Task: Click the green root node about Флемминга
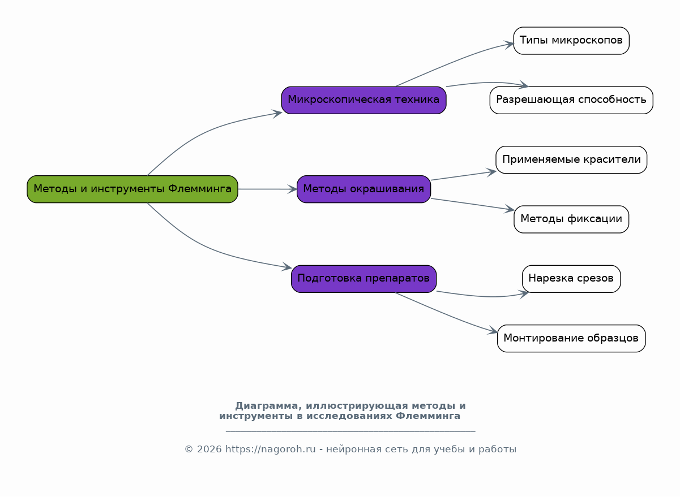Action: point(132,189)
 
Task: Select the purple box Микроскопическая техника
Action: point(363,101)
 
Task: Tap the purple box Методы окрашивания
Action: point(363,189)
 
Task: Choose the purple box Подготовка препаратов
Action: point(363,279)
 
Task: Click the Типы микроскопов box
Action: point(571,41)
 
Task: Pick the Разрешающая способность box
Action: point(571,101)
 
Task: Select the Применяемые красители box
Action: point(571,160)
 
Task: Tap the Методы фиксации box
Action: point(571,219)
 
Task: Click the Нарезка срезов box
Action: point(571,279)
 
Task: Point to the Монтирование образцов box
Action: point(571,339)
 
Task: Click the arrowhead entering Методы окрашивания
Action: point(293,189)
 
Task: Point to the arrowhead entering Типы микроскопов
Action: point(509,45)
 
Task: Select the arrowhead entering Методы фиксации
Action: point(509,209)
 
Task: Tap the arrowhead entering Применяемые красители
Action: point(491,172)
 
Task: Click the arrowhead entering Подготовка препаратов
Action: point(286,267)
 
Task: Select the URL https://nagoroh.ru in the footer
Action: point(271,449)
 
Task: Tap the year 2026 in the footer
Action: point(209,449)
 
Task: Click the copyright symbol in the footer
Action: point(189,449)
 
